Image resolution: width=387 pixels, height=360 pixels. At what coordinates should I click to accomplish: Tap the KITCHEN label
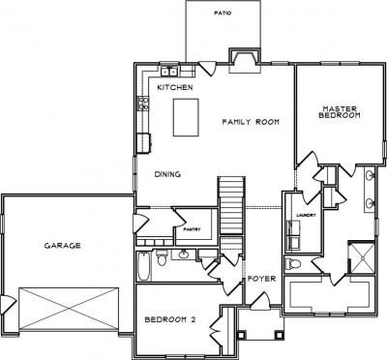pyautogui.click(x=175, y=87)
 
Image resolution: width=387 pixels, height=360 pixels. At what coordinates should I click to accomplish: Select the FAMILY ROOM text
pyautogui.click(x=251, y=122)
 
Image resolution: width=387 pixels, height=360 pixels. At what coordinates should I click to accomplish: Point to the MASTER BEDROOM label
pyautogui.click(x=340, y=112)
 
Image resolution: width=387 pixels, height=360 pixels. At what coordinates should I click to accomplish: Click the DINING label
pyautogui.click(x=167, y=174)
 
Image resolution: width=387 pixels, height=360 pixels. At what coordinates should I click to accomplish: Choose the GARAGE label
pyautogui.click(x=62, y=246)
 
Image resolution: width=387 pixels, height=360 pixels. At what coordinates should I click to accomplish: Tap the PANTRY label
pyautogui.click(x=192, y=229)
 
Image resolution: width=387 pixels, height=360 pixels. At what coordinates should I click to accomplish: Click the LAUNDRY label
pyautogui.click(x=306, y=215)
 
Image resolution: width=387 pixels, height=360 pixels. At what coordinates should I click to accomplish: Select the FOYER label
pyautogui.click(x=261, y=279)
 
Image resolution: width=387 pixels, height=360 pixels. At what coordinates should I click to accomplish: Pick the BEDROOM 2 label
pyautogui.click(x=170, y=319)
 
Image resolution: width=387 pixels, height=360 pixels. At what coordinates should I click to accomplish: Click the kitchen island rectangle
pyautogui.click(x=186, y=117)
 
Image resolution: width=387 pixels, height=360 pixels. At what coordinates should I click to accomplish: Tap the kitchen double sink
pyautogui.click(x=169, y=71)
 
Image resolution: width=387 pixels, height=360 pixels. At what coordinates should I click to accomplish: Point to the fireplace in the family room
pyautogui.click(x=244, y=61)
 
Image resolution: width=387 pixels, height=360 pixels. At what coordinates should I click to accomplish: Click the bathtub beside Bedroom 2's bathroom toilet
pyautogui.click(x=144, y=266)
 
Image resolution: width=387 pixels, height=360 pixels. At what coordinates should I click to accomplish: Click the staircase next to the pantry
pyautogui.click(x=231, y=205)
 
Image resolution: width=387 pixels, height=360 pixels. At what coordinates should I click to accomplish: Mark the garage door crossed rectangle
pyautogui.click(x=69, y=309)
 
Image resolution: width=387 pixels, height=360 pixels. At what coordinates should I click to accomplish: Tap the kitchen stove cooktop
pyautogui.click(x=143, y=104)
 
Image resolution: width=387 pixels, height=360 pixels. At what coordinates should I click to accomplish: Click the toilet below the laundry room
pyautogui.click(x=293, y=263)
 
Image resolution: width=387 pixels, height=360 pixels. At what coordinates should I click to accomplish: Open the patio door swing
pyautogui.click(x=208, y=69)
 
